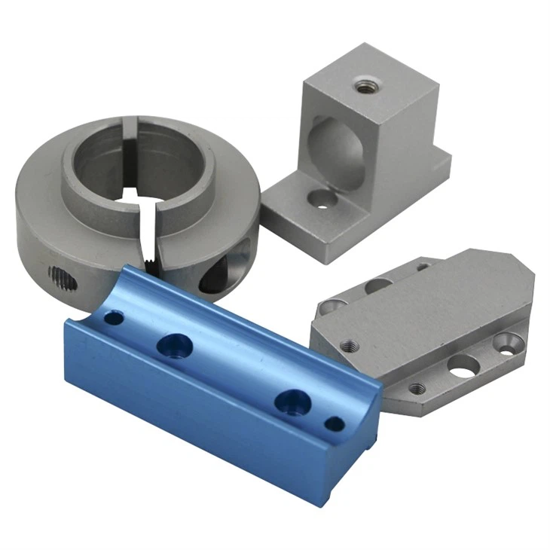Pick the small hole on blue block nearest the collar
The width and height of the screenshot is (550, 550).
click(113, 318)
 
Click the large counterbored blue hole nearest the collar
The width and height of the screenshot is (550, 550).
click(175, 346)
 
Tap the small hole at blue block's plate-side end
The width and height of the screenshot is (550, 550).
click(335, 424)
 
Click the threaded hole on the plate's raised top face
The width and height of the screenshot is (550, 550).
click(349, 347)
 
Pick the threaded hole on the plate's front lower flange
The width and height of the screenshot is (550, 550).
click(416, 389)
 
